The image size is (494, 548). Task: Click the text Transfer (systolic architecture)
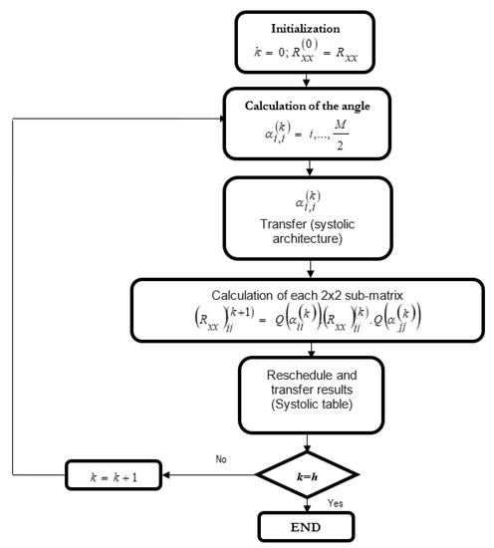point(313,238)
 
